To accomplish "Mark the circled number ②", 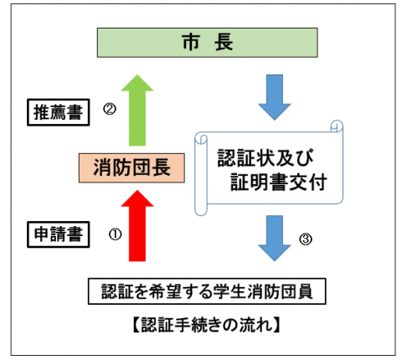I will point(108,109).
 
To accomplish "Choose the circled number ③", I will point(306,240).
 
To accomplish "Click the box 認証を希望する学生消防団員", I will point(205,292).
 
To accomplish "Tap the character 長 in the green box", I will point(225,41).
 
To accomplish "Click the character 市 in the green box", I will point(190,41).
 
